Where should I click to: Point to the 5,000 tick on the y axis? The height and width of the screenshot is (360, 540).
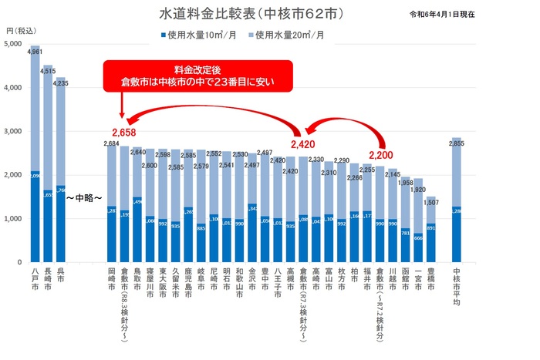tap(14, 44)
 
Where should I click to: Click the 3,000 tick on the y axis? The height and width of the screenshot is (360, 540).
tap(14, 132)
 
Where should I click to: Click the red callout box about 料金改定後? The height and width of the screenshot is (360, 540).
tap(191, 74)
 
